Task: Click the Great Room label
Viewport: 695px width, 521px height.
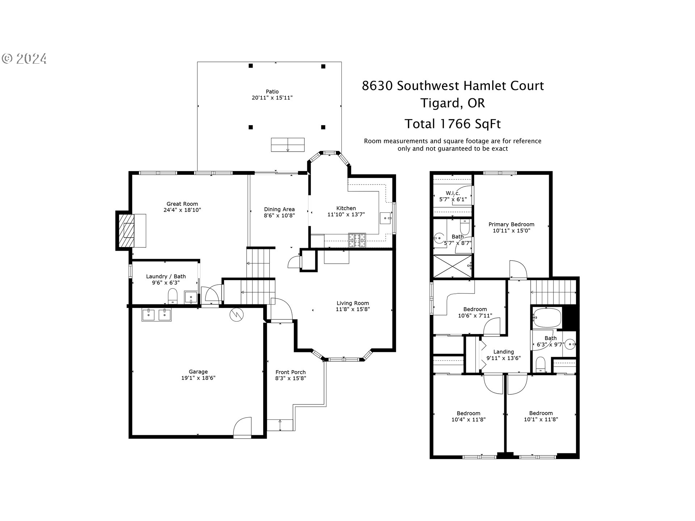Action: [182, 204]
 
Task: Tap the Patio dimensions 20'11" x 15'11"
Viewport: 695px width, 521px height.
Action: [272, 98]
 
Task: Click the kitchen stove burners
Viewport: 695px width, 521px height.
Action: [357, 241]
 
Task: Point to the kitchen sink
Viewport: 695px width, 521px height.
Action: [386, 219]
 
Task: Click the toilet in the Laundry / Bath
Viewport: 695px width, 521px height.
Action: [173, 296]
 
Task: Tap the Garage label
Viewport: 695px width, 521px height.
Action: [198, 372]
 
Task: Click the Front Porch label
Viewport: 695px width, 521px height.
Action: [290, 372]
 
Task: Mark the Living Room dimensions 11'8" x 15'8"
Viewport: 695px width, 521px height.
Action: [353, 309]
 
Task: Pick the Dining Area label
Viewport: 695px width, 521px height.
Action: [279, 209]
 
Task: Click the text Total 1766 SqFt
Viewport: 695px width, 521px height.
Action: [452, 124]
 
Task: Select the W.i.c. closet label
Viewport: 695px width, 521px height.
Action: [452, 193]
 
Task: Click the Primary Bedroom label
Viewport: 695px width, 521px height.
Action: [511, 224]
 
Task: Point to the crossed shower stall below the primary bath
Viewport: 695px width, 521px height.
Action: [452, 266]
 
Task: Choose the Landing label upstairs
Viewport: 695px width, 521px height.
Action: [503, 352]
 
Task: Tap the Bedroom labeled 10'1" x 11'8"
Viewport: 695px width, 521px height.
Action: [541, 416]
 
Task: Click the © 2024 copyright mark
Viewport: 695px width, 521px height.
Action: [25, 59]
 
